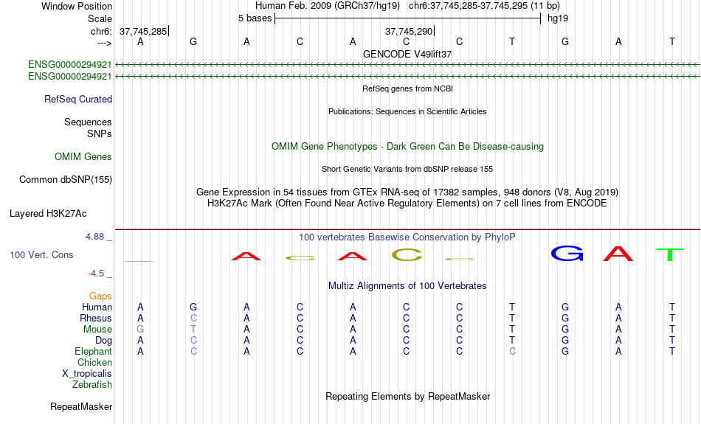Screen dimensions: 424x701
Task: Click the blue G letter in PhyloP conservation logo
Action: coord(567,254)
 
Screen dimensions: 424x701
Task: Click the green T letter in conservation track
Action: coord(670,255)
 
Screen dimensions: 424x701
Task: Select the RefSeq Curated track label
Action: coord(78,99)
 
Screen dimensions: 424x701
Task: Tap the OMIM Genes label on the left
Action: coord(83,156)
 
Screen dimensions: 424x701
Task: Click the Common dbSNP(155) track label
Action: coord(66,179)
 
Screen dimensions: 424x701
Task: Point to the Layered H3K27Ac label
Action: coord(48,214)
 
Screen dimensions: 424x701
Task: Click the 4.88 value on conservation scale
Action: coord(95,237)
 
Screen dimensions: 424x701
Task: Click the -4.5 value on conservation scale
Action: coord(97,274)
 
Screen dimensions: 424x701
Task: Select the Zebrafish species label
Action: coord(92,384)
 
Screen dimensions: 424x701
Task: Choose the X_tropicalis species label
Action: coord(87,373)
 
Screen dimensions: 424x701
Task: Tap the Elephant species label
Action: coord(94,351)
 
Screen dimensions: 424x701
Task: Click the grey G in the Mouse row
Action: coord(140,329)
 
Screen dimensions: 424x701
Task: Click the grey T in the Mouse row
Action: coord(193,329)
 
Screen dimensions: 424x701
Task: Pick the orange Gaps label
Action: coord(100,296)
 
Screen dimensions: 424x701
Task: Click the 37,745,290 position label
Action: coord(408,31)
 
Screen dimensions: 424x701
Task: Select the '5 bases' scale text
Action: coord(255,18)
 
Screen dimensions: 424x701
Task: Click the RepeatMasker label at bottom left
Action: coord(81,406)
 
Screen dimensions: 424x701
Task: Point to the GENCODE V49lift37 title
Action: coord(407,54)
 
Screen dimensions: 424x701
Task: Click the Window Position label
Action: coord(77,6)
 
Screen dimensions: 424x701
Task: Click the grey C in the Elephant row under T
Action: coord(512,351)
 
